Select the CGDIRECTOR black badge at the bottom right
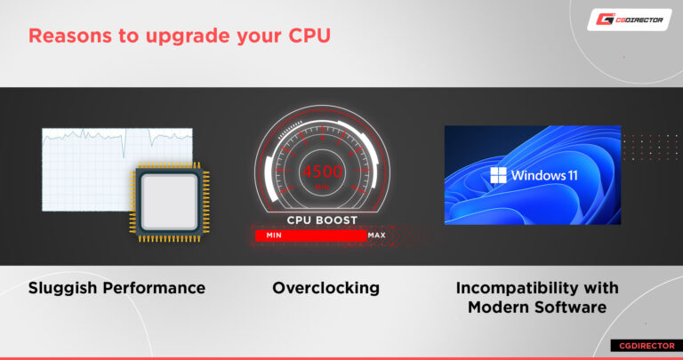641,345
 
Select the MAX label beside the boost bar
376,236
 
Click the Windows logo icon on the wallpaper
497,174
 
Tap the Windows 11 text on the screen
543,175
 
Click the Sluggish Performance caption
117,288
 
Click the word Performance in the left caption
157,288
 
